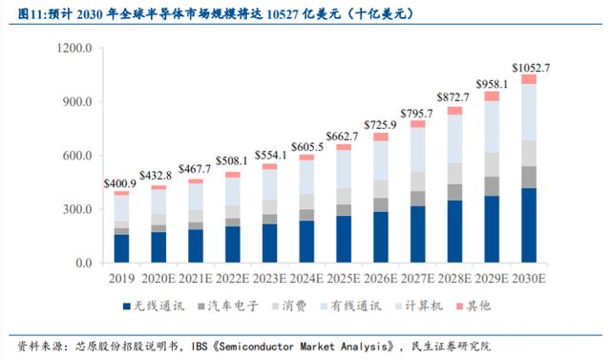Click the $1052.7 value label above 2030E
(531, 68)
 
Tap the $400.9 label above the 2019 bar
(120, 184)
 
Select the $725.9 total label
(380, 125)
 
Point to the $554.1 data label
(271, 155)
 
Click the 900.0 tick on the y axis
(77, 101)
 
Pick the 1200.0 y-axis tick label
(74, 48)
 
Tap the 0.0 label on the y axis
(84, 263)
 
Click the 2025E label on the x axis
(344, 279)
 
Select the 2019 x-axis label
(121, 279)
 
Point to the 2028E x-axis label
(454, 279)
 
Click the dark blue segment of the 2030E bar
(529, 225)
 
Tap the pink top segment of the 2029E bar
(492, 96)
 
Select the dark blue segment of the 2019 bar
(121, 248)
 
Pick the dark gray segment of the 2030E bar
(529, 178)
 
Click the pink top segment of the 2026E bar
(381, 137)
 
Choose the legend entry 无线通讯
(154, 306)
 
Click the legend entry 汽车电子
(228, 306)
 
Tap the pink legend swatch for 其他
(460, 307)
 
